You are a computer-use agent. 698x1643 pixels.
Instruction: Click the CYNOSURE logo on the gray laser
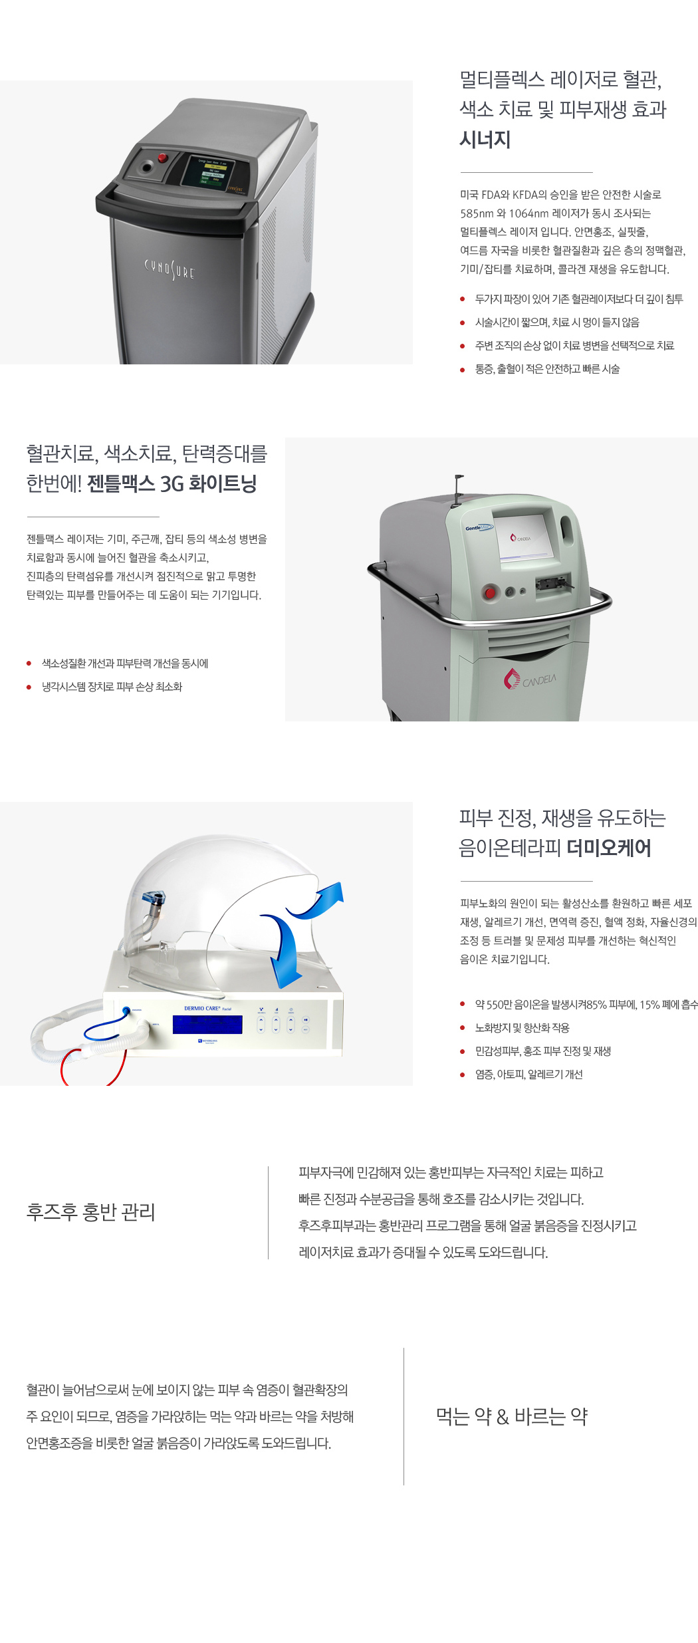[x=170, y=269]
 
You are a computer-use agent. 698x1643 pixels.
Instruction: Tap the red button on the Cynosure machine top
[x=162, y=158]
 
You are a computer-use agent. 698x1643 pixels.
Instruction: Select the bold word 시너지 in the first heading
[x=485, y=140]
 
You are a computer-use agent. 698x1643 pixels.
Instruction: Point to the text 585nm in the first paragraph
[x=477, y=213]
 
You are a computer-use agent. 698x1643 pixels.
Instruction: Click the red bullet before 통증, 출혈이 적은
[x=463, y=370]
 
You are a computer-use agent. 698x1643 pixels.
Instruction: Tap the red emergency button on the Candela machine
[x=491, y=592]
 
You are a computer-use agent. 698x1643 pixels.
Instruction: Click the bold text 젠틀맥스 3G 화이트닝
[x=172, y=483]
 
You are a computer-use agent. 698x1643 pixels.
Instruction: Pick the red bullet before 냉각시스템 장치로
[x=29, y=688]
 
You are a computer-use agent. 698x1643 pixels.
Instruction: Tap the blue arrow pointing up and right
[x=318, y=900]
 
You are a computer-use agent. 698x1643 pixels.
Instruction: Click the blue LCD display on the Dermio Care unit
[x=207, y=1025]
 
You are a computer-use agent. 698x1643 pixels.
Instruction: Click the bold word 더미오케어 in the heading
[x=609, y=848]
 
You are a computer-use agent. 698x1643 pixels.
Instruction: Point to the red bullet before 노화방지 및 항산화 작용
[x=463, y=1028]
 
